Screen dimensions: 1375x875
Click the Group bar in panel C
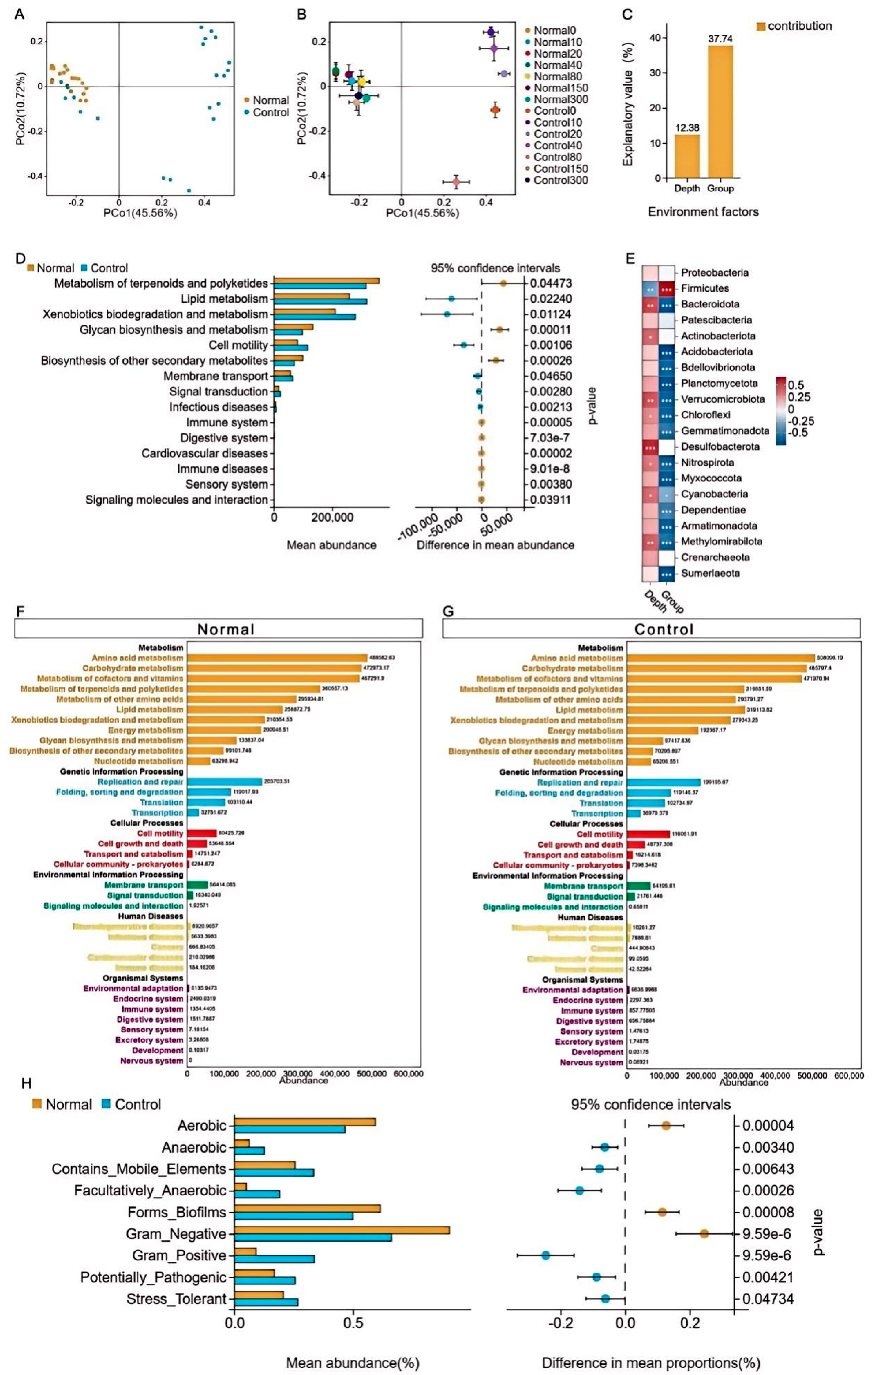[x=720, y=111]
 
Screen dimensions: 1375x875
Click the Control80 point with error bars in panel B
[x=456, y=182]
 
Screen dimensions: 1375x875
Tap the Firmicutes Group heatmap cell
[x=666, y=288]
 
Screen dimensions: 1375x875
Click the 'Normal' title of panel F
[x=226, y=629]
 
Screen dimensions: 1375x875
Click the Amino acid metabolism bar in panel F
[x=277, y=658]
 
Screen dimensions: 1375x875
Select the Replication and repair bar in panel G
[x=663, y=782]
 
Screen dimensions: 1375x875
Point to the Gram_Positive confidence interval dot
[x=545, y=1255]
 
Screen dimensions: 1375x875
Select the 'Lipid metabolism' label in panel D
[x=224, y=299]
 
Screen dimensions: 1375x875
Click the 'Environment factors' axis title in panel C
[x=703, y=212]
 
